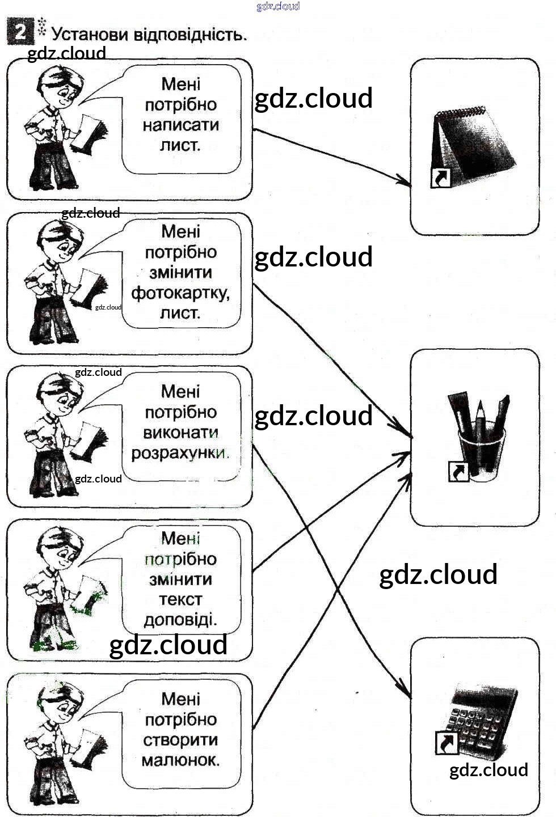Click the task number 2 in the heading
pyautogui.click(x=20, y=31)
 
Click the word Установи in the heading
pyautogui.click(x=89, y=35)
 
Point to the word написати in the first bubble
pyautogui.click(x=181, y=125)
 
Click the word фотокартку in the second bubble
pyautogui.click(x=180, y=293)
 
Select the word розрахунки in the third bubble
pyautogui.click(x=180, y=453)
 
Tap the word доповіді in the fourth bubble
pyautogui.click(x=180, y=620)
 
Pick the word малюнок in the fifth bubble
pyautogui.click(x=180, y=760)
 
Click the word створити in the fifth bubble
pyautogui.click(x=180, y=740)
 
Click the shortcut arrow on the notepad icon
pyautogui.click(x=440, y=178)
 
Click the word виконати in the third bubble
pyautogui.click(x=180, y=433)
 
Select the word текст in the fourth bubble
pyautogui.click(x=180, y=599)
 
